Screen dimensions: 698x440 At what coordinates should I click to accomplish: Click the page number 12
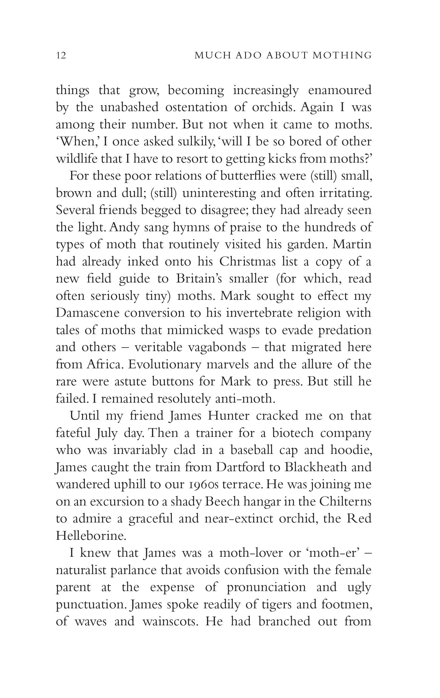coord(61,55)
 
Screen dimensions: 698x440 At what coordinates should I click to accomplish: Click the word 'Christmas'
coord(247,262)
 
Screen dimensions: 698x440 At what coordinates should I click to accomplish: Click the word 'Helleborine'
coord(91,536)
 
